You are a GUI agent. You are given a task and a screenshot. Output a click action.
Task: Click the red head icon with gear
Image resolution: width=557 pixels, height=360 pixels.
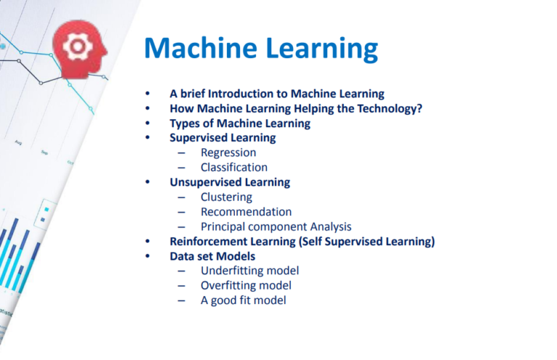[79, 48]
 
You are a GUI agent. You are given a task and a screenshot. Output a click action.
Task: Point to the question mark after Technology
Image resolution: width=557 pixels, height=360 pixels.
[419, 109]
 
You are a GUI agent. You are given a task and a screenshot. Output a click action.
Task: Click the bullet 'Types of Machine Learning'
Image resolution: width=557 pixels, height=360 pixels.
[240, 123]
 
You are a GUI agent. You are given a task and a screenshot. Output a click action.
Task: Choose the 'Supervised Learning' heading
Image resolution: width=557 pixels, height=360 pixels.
[223, 138]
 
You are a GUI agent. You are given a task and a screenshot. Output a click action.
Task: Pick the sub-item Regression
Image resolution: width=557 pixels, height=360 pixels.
[228, 152]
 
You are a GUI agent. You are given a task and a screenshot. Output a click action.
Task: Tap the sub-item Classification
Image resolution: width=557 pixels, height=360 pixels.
[234, 168]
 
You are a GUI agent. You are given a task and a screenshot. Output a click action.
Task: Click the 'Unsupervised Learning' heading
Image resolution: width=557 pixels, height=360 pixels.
[230, 182]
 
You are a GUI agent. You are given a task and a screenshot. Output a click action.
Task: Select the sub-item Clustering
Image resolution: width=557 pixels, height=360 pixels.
[226, 197]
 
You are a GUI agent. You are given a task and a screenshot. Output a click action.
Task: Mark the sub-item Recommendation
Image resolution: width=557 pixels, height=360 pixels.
[246, 212]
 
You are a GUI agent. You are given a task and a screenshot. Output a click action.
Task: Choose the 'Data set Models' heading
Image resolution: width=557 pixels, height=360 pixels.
[213, 256]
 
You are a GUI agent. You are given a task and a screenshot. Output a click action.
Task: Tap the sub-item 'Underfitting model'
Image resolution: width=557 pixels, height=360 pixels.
[249, 271]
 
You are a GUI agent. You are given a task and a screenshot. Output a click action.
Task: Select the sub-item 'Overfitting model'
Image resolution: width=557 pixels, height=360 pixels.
[246, 285]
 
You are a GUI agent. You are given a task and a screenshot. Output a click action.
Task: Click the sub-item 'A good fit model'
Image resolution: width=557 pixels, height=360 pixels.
[243, 300]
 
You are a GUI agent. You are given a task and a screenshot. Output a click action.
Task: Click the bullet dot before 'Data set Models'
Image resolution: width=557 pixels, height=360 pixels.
[148, 256]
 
